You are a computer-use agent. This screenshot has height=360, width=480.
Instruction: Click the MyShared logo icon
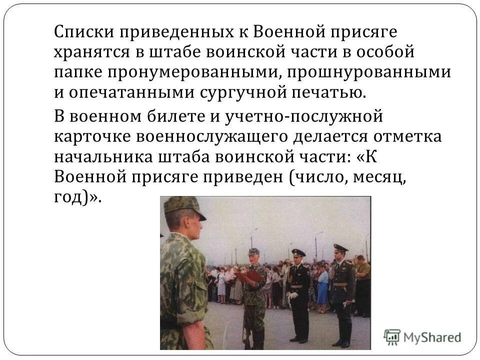[392, 336]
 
